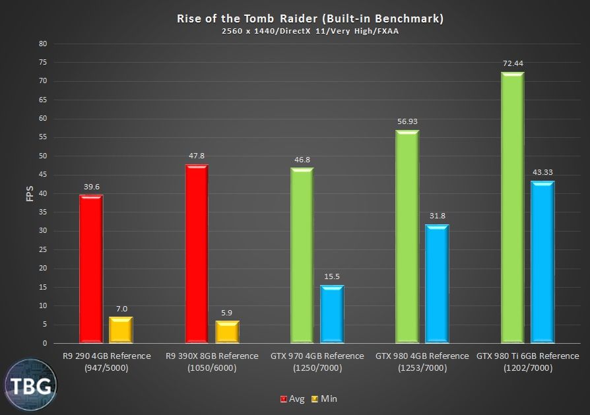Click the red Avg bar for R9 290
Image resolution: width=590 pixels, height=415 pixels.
coord(91,269)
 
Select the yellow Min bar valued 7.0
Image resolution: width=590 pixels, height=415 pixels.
coord(121,330)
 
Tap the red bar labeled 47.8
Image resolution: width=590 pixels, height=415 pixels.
coord(197,254)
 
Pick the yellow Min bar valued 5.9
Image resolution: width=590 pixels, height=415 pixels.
coord(227,332)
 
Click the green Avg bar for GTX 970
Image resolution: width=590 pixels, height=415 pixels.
coord(302,256)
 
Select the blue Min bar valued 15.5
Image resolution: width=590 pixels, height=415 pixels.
coord(332,314)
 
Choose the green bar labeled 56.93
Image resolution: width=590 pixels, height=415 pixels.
coord(407,237)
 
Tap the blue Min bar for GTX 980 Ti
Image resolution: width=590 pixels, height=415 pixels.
coord(542,263)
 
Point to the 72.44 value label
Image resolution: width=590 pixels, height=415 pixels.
coord(512,64)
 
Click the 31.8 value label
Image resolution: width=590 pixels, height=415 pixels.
coord(437,216)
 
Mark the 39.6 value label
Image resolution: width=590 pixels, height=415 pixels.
coord(91,187)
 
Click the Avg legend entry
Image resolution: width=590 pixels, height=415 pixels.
coord(293,399)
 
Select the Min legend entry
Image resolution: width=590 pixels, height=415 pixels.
coord(325,399)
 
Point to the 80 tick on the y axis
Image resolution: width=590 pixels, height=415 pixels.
coord(43,44)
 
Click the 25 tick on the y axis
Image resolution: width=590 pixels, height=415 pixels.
coord(43,250)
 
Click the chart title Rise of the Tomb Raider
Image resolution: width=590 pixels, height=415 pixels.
coord(310,18)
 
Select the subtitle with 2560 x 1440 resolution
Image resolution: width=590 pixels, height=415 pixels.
coord(310,32)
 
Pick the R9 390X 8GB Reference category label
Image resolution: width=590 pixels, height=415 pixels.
coord(212,362)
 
